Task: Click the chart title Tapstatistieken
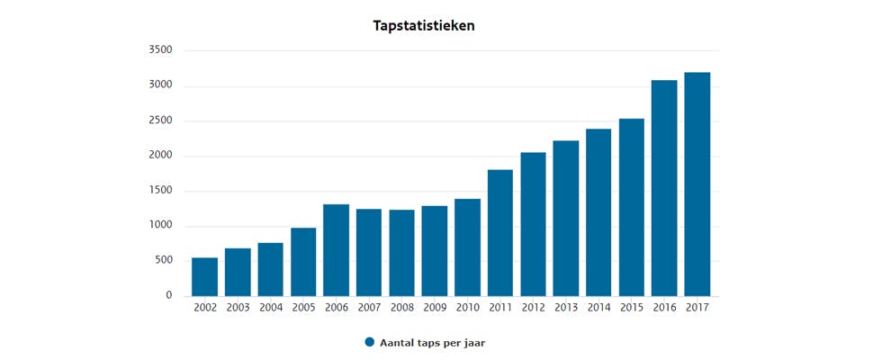click(x=424, y=26)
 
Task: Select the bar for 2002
click(x=204, y=277)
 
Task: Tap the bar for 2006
click(x=336, y=250)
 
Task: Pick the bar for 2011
click(x=500, y=233)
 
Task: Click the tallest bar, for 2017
click(x=697, y=184)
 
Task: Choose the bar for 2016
click(x=664, y=188)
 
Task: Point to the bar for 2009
click(x=435, y=251)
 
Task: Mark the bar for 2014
click(x=598, y=212)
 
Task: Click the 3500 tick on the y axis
click(x=160, y=50)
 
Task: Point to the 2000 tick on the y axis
click(x=160, y=156)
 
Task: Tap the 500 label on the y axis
click(x=163, y=261)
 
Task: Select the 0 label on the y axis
click(x=168, y=296)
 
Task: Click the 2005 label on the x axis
click(x=303, y=308)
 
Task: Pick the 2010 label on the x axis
click(x=467, y=308)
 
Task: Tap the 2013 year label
click(x=566, y=308)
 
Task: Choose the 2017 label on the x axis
click(x=697, y=308)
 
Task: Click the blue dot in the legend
click(x=369, y=342)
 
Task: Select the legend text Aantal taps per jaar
click(x=432, y=343)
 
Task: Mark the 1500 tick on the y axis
click(x=160, y=191)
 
